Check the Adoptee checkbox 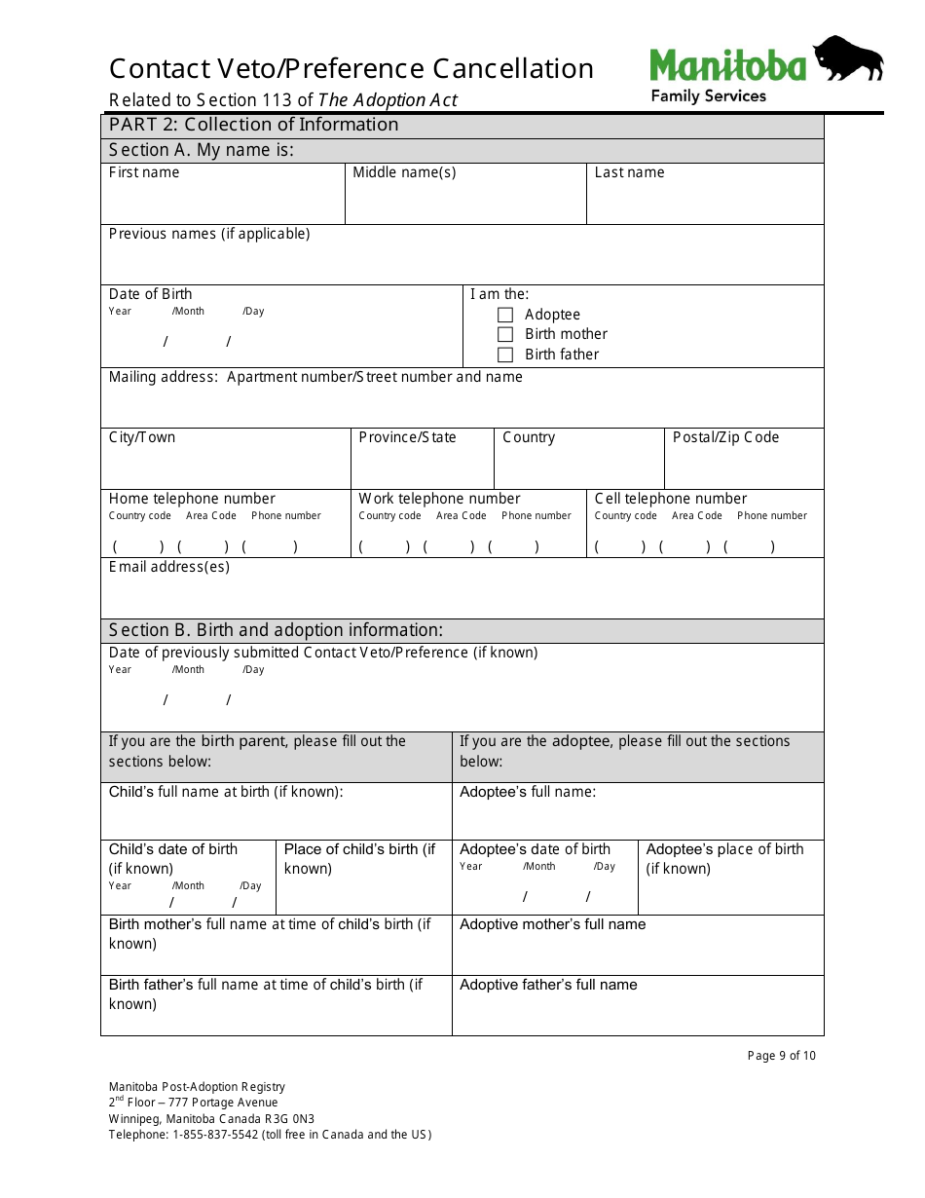505,315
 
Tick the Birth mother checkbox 505,334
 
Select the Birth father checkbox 505,355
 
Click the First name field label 144,172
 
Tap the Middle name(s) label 404,172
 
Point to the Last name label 629,172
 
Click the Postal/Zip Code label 725,437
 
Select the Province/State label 407,437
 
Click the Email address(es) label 169,567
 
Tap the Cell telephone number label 671,499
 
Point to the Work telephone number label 439,499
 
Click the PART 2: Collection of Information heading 253,125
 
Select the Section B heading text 276,630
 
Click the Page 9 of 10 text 782,1056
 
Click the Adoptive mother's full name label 552,924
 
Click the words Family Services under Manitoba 708,95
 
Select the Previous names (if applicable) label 209,234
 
